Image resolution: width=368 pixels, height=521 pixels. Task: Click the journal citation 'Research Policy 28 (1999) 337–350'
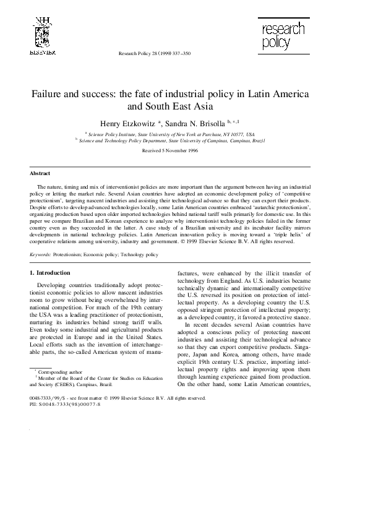(154, 54)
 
